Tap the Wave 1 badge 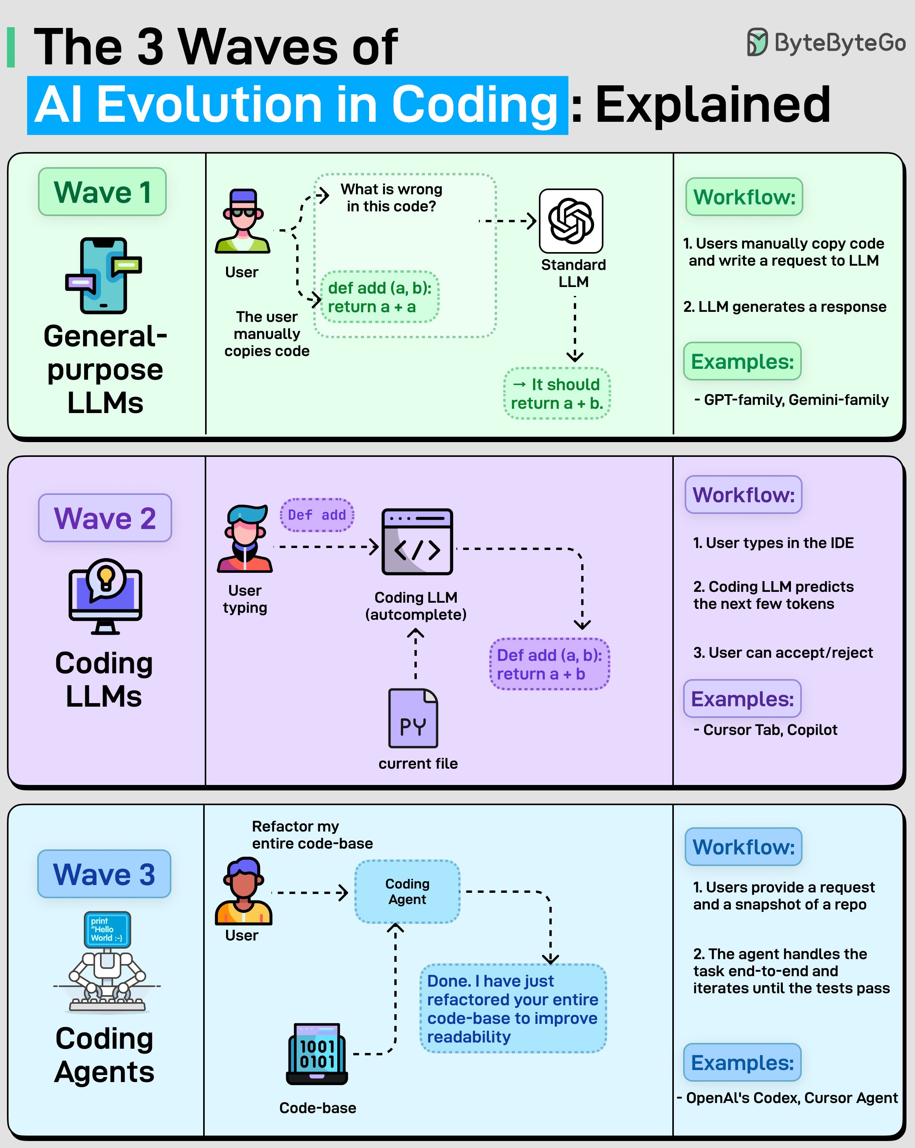coord(102,192)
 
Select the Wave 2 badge coord(105,517)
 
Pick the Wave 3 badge coord(104,874)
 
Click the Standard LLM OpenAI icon coord(571,221)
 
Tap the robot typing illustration coord(107,962)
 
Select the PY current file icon coord(413,718)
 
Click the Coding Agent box coord(407,891)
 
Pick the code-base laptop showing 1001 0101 coord(317,1054)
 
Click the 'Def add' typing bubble coord(317,515)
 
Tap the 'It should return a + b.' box coord(557,394)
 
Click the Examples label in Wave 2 coord(742,698)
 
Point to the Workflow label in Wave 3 coord(743,847)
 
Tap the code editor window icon coord(417,541)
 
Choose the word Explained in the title coord(712,104)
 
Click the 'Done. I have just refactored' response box coord(513,1008)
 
